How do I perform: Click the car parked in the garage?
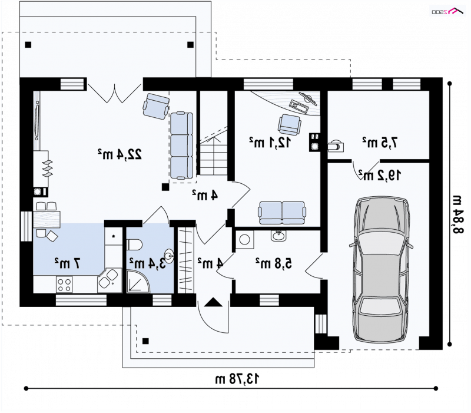381,270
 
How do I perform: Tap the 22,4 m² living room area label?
120,154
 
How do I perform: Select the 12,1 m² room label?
270,142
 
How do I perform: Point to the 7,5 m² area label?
380,143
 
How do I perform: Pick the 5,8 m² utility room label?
274,263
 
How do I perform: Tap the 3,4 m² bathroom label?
148,263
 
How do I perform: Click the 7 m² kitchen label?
68,263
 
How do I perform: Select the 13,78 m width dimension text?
237,379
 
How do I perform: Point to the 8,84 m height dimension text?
459,214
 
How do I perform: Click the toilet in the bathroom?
134,245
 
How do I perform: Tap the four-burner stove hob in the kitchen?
64,285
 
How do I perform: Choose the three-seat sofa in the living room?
182,146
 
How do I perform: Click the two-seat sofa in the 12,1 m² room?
282,213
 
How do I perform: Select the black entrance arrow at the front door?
213,302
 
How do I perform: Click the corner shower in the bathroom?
138,282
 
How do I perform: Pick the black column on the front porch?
145,341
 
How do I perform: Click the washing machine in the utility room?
245,240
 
